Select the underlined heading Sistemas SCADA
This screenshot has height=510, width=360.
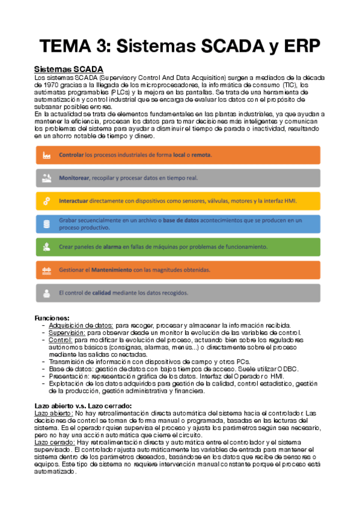coord(69,70)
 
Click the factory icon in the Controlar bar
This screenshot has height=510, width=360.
coord(46,155)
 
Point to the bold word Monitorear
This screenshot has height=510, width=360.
coord(74,178)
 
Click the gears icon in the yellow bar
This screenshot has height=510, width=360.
coord(46,201)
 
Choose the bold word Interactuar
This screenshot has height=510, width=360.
coord(73,201)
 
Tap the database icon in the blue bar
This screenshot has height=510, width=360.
coord(46,224)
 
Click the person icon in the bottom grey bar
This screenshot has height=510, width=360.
coord(46,293)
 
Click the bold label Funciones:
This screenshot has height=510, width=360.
coord(52,318)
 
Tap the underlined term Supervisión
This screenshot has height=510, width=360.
coord(67,333)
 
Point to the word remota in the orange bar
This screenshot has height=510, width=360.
coord(201,155)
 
